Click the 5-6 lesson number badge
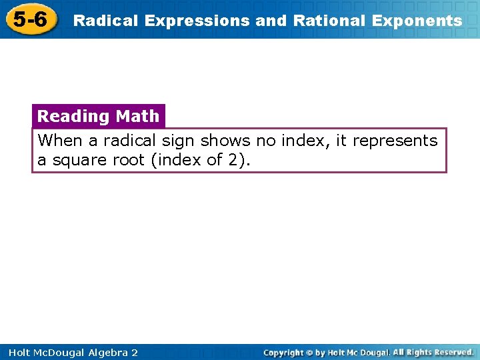[30, 19]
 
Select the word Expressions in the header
[198, 21]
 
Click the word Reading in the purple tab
[73, 116]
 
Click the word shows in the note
[225, 141]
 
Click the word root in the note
[129, 161]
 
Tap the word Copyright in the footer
[286, 353]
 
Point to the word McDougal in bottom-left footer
[54, 353]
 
